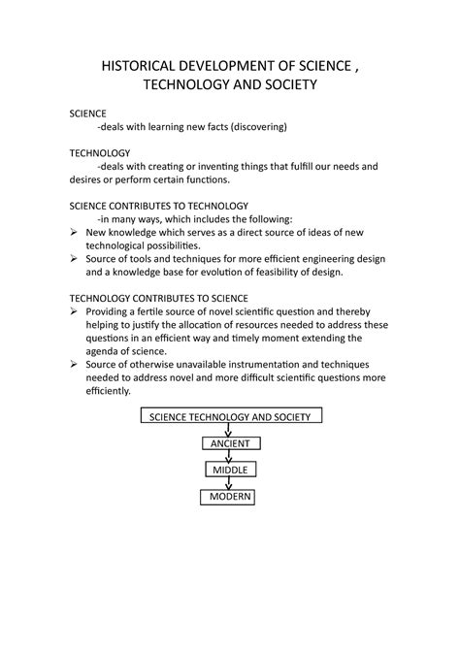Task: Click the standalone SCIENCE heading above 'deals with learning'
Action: point(88,114)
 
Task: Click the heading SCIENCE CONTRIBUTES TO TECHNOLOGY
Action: point(159,206)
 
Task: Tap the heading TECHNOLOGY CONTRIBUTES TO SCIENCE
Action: point(159,297)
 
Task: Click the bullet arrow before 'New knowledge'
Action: point(75,233)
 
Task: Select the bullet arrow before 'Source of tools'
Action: point(75,259)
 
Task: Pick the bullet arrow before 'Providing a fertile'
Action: point(75,311)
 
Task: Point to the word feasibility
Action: point(266,273)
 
